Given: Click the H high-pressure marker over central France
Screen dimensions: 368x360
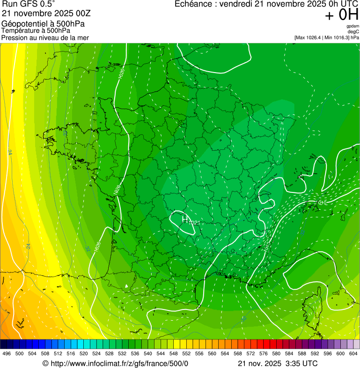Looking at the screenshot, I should (185, 218).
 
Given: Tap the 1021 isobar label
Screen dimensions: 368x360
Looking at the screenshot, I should (193, 223).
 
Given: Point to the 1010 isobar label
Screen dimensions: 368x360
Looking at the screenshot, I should (322, 202).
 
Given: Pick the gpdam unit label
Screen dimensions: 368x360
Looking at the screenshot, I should (353, 26).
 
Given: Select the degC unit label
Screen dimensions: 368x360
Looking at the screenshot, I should (353, 31).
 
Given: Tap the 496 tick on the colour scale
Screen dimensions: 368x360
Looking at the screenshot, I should (7, 353).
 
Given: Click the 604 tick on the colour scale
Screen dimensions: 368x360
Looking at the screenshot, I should (353, 353).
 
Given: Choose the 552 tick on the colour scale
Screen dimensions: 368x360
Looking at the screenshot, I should (186, 353).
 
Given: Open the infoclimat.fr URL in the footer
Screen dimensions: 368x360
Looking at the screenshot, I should (119, 364).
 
